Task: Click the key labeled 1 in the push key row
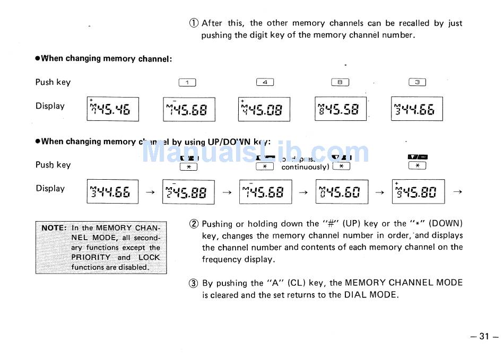coord(188,82)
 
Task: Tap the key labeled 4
coord(265,82)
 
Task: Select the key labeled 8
coord(340,82)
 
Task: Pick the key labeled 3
coord(418,82)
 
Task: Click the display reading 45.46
coord(112,109)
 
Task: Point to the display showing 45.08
coord(264,109)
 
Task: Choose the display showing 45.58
coord(341,109)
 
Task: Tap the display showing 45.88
coord(188,192)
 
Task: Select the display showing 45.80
coord(418,192)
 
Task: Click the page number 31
coord(483,336)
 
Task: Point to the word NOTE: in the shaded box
coord(54,228)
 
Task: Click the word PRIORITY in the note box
coord(91,258)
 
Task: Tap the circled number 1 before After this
coord(194,23)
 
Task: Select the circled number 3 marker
coord(194,283)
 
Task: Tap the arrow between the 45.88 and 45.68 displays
coord(227,192)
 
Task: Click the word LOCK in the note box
coord(149,258)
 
